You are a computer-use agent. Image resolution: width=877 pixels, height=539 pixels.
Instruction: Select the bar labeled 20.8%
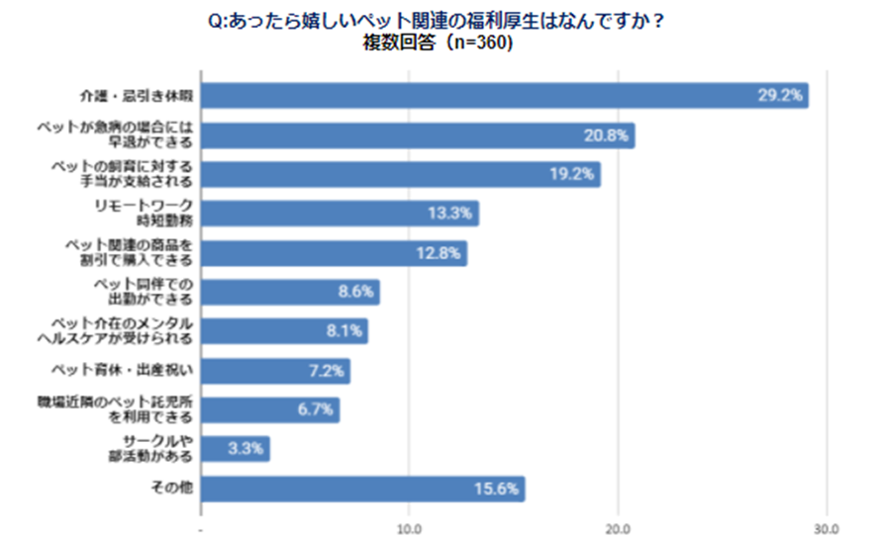[416, 135]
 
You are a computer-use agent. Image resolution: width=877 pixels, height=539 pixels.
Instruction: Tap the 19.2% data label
[572, 175]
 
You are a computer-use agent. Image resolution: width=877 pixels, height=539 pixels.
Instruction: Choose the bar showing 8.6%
[290, 293]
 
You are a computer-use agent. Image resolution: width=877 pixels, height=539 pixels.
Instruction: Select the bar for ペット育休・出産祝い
[275, 371]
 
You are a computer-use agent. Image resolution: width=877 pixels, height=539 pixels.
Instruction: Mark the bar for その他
[362, 489]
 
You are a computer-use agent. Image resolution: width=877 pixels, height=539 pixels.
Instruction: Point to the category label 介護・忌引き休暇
[136, 97]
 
